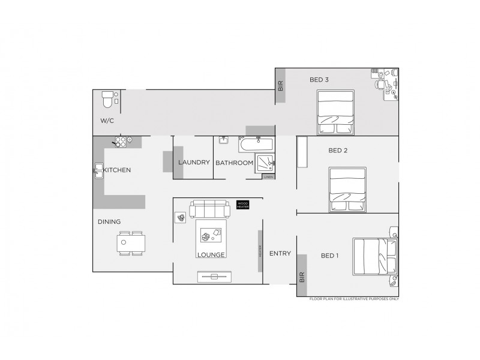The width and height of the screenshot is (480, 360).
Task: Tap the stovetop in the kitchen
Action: [121, 142]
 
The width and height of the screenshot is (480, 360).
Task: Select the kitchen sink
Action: [98, 170]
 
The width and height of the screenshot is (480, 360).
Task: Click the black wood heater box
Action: [242, 205]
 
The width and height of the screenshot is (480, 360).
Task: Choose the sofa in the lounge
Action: [209, 209]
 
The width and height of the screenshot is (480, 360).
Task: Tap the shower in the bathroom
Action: [265, 163]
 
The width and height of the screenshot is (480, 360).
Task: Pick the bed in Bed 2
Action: [349, 189]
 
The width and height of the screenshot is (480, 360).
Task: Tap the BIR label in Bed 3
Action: [280, 86]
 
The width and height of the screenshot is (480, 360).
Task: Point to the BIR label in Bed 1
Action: [302, 277]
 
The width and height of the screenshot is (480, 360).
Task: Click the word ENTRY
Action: [280, 254]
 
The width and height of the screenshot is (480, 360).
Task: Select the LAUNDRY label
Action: [194, 163]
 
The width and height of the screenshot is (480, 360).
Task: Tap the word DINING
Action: [109, 222]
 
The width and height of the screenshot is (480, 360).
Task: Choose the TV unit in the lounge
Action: [214, 277]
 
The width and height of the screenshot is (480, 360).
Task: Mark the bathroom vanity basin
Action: [223, 141]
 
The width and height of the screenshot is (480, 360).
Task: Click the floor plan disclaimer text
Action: [354, 299]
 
